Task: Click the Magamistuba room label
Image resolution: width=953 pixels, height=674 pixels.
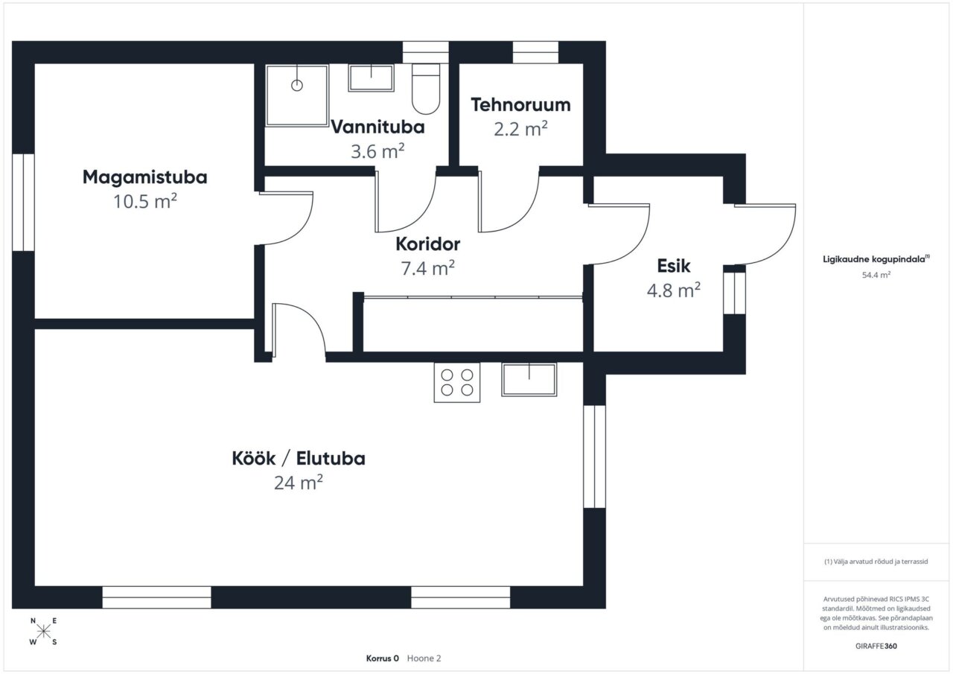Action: pos(144,177)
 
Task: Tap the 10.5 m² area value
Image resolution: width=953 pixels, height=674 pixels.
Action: pos(144,201)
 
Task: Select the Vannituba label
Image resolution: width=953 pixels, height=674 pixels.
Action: pos(377,127)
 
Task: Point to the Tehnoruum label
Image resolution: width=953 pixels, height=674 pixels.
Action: pos(520,105)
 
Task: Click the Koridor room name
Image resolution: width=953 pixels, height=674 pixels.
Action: pos(428,244)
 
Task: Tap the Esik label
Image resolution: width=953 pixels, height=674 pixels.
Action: pos(674,266)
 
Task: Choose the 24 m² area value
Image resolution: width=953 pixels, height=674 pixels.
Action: pos(299,483)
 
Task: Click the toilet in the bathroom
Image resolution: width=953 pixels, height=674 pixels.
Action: pos(426,89)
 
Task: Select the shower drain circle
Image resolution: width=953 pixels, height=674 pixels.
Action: pos(297,86)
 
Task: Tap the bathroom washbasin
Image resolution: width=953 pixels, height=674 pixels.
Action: pos(371,78)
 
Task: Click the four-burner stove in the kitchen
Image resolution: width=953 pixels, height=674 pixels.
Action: pos(457,382)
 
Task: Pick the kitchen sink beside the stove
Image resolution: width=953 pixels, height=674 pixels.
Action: pos(529,380)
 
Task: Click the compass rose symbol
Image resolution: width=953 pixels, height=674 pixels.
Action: pos(43,631)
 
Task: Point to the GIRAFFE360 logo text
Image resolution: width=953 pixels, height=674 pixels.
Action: pos(876,646)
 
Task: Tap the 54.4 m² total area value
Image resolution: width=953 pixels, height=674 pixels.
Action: pos(876,275)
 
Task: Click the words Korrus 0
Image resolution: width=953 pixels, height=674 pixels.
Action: pos(383,658)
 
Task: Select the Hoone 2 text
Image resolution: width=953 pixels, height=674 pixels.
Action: pos(424,658)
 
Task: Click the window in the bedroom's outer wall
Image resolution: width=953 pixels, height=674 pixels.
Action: pos(23,203)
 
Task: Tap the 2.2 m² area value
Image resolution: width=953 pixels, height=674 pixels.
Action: pos(520,129)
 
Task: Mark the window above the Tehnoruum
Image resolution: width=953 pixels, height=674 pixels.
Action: pos(535,52)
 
